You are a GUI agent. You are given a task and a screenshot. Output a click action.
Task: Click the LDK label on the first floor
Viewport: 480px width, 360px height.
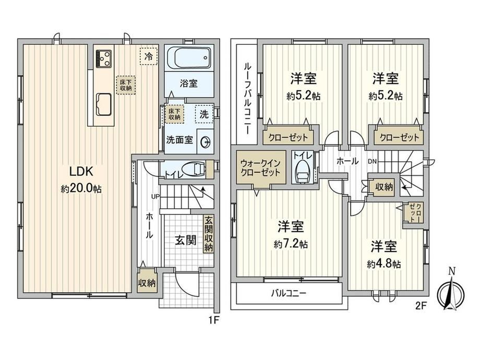[81, 172]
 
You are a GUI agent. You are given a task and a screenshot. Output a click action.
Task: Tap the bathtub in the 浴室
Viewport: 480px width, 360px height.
[189, 58]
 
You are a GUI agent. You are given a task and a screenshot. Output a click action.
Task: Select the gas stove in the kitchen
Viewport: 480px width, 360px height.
[103, 58]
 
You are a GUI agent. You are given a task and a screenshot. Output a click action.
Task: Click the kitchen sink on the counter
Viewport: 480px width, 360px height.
[104, 104]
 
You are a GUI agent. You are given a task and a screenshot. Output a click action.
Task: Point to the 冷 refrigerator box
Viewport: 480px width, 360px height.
[149, 57]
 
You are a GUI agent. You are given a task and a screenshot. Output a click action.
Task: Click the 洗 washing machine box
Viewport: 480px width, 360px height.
[204, 114]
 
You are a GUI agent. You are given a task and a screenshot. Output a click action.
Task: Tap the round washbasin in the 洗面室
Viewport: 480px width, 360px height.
[205, 142]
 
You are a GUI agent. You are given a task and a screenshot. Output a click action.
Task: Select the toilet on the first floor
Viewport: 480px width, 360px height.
[193, 169]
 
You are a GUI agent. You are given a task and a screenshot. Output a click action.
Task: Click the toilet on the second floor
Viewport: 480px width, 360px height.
[302, 172]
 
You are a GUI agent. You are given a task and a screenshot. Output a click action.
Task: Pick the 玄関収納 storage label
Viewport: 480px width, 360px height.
[209, 234]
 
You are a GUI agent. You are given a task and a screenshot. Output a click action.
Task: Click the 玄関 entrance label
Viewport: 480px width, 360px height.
[186, 241]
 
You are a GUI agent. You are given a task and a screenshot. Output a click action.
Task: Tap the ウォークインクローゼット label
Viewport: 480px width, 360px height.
[260, 167]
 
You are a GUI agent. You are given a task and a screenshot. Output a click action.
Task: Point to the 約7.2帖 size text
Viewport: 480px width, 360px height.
[291, 244]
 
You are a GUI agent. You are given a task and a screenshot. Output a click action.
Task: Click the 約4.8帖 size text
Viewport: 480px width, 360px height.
[384, 264]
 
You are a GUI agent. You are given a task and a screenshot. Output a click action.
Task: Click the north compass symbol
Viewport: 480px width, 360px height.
[451, 292]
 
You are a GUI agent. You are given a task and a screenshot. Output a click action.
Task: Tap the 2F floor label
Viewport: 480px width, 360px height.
[421, 306]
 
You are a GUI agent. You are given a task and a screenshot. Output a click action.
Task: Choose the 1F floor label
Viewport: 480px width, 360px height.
[214, 320]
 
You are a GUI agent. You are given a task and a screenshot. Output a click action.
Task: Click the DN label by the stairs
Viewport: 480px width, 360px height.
[372, 161]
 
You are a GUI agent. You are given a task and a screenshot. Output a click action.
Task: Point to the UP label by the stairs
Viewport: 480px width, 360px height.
[155, 196]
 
